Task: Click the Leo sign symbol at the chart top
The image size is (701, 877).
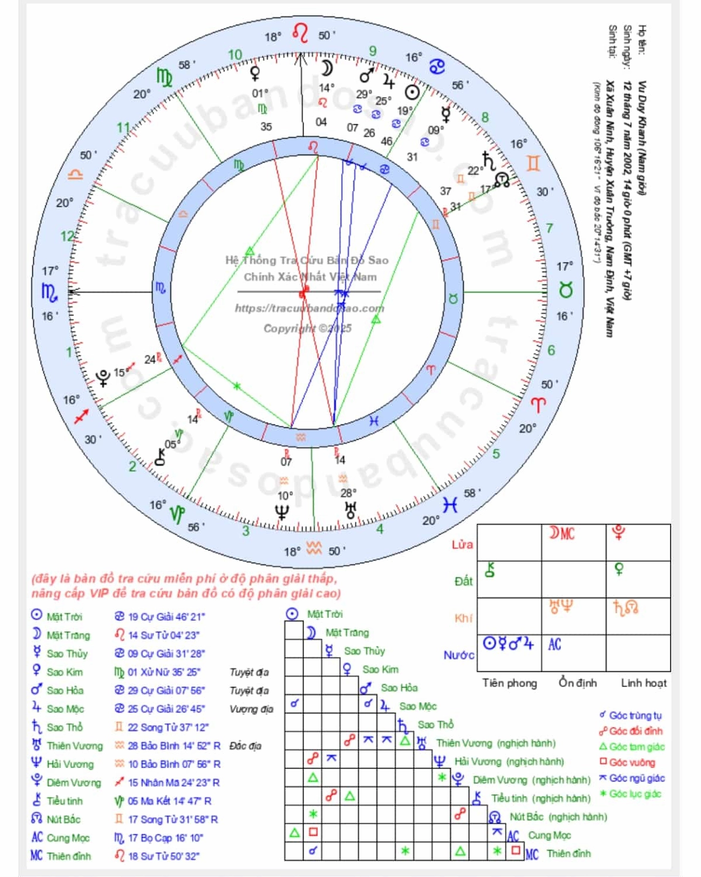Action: (300, 33)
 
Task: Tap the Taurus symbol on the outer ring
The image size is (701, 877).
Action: (565, 290)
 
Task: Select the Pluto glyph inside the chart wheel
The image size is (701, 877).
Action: (103, 378)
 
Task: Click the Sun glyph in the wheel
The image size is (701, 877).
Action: (413, 93)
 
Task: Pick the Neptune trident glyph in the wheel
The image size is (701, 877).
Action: (282, 512)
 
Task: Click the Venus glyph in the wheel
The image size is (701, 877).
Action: (255, 74)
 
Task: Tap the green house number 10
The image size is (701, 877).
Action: (234, 55)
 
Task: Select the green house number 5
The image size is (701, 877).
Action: (496, 453)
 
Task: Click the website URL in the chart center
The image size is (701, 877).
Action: (309, 308)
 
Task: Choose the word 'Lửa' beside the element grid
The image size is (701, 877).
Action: (462, 544)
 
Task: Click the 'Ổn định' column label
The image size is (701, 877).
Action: (577, 682)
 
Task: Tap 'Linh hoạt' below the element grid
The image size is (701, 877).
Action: (644, 682)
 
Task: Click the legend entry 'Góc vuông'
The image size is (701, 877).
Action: (632, 762)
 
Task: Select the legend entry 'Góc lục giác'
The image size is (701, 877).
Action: (635, 794)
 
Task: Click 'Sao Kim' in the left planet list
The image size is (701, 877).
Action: (64, 672)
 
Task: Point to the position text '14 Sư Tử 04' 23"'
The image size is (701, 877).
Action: (164, 635)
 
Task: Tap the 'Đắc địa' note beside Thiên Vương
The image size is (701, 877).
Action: (245, 746)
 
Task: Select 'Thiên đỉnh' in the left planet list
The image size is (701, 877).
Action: (69, 856)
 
